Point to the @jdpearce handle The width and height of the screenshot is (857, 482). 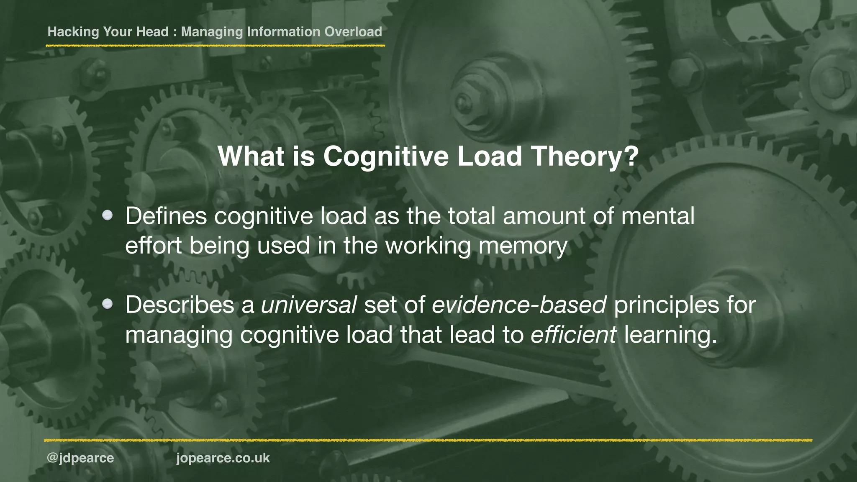(x=80, y=458)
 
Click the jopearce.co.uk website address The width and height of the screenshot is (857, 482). (x=223, y=458)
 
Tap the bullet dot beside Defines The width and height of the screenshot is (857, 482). (x=108, y=215)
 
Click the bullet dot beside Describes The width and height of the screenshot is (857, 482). (x=108, y=304)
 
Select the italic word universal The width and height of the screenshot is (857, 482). (x=309, y=305)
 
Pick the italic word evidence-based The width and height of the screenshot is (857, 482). (x=519, y=305)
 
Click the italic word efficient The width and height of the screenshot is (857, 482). (x=573, y=335)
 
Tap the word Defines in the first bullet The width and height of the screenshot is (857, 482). (x=166, y=216)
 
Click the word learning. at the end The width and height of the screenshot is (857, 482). (x=670, y=335)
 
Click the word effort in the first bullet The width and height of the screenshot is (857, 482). (x=153, y=245)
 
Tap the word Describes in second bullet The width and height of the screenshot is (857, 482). (x=180, y=305)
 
